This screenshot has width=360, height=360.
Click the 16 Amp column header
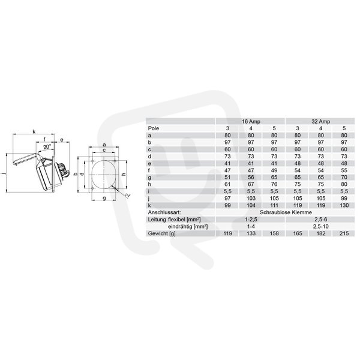(251, 121)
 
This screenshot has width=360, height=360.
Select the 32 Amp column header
(321, 121)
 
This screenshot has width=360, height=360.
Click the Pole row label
(154, 128)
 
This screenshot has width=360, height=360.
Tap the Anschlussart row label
(164, 212)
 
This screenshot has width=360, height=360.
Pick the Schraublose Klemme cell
(286, 212)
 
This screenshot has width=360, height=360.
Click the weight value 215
(344, 233)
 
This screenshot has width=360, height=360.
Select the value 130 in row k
(344, 205)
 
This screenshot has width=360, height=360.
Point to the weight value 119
(227, 233)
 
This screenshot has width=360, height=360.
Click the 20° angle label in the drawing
(47, 147)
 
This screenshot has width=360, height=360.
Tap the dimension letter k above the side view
(34, 131)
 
